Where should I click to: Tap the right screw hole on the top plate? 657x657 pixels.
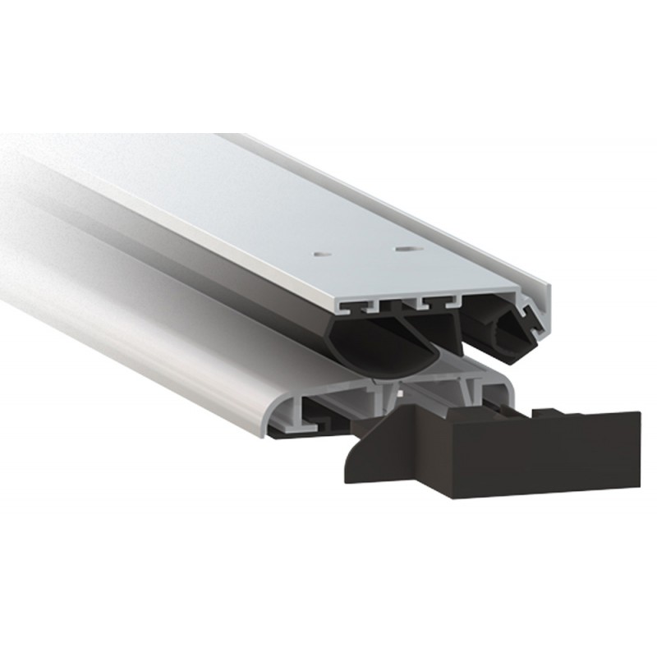(x=402, y=246)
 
